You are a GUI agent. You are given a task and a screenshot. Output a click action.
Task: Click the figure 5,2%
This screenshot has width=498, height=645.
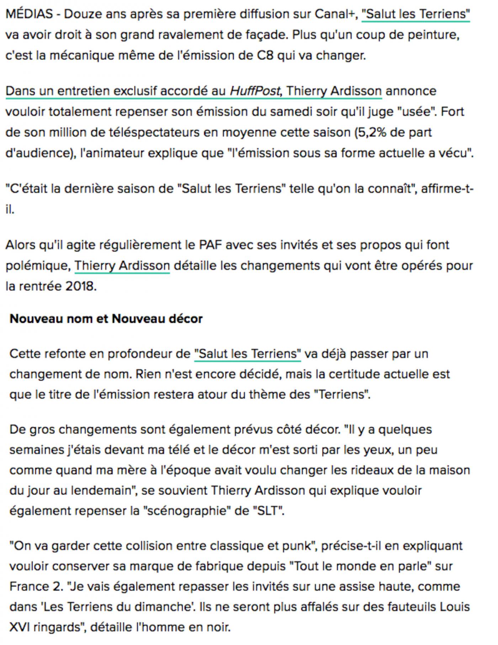coord(372,133)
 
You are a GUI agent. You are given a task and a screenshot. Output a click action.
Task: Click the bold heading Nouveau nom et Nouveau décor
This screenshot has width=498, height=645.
coord(106,319)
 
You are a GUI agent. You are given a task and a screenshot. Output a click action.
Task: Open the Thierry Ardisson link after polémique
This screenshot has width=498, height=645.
coord(122,266)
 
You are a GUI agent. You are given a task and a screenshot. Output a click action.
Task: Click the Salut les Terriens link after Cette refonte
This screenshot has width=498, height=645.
coord(248,354)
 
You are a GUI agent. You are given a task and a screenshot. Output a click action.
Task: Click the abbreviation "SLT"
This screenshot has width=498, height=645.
coord(268,511)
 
